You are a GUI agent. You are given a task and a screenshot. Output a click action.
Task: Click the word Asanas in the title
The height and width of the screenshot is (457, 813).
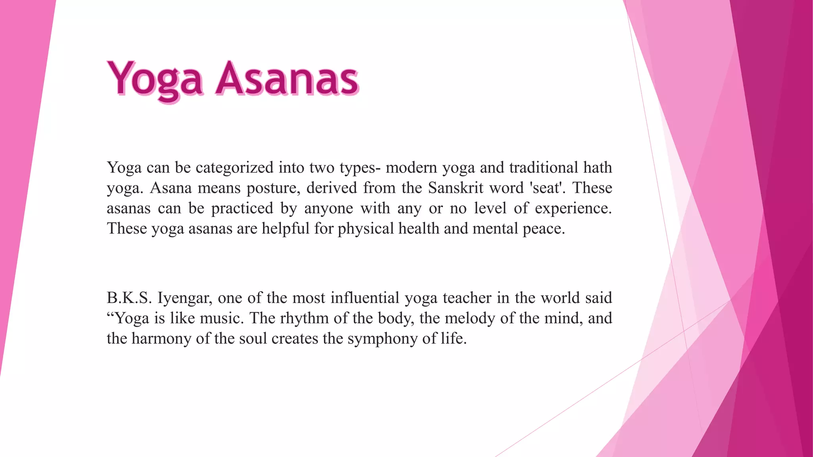pos(287,79)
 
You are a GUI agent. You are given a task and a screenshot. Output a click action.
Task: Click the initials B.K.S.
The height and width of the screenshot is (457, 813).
pos(129,298)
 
